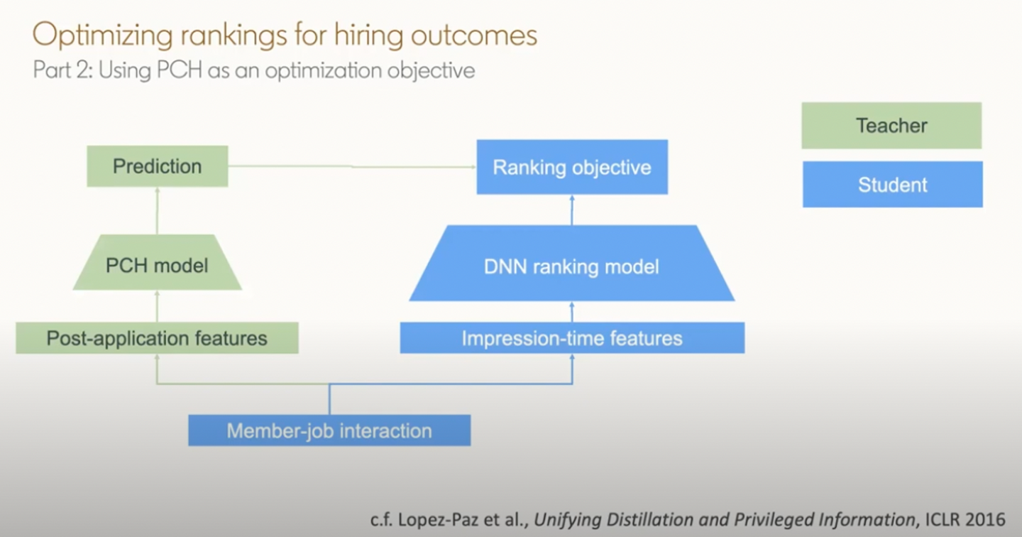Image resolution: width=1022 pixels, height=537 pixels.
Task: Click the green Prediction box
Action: (x=158, y=166)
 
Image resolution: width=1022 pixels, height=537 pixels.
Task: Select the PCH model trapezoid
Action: (x=158, y=263)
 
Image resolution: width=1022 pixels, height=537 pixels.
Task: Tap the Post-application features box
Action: (x=158, y=338)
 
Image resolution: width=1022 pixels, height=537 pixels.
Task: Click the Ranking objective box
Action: (x=572, y=167)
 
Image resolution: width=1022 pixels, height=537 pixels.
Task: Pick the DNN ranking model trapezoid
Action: (x=572, y=264)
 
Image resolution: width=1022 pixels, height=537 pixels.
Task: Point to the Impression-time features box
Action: (x=572, y=338)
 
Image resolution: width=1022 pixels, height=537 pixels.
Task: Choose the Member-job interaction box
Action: (x=329, y=430)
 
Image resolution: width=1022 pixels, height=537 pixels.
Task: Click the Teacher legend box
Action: (x=891, y=126)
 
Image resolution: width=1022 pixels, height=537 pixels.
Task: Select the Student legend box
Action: (x=893, y=185)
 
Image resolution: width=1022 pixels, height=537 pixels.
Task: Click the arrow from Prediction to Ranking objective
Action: (x=352, y=167)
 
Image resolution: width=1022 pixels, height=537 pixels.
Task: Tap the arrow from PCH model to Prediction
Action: (x=158, y=210)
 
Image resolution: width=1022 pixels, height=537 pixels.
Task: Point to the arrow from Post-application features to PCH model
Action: (x=158, y=306)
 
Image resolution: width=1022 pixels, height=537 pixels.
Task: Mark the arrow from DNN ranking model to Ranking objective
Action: (x=572, y=210)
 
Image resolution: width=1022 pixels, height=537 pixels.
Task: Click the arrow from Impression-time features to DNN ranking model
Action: (x=572, y=312)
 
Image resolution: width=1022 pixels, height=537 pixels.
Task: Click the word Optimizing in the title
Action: (x=103, y=36)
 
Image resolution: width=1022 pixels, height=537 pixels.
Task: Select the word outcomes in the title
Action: (x=474, y=36)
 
